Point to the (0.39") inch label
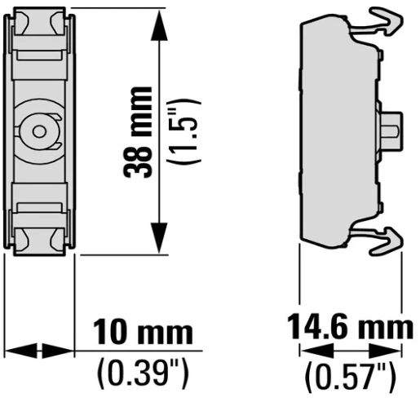(143, 374)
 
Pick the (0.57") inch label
(349, 378)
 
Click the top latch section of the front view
(38, 37)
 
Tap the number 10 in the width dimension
(108, 333)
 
